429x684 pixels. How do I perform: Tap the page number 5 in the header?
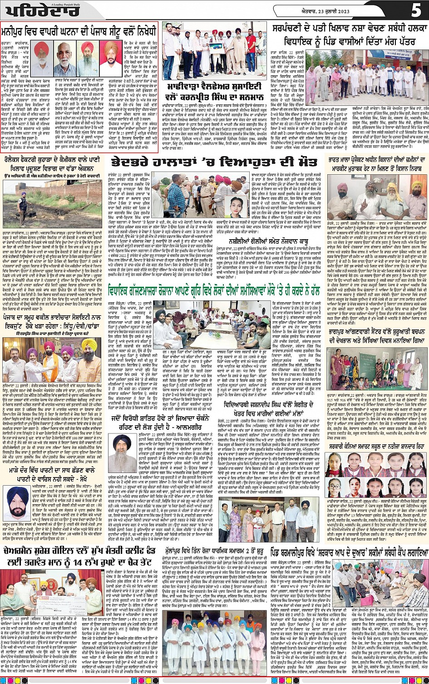coord(416,10)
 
